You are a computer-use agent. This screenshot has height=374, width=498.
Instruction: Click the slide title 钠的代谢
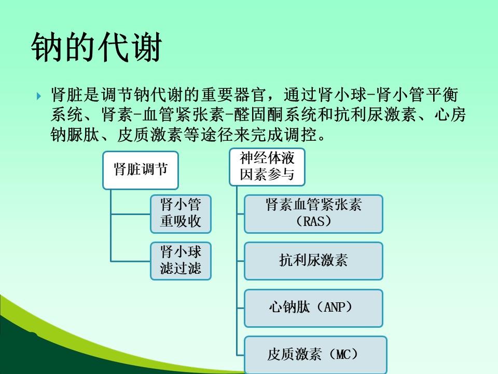(96, 47)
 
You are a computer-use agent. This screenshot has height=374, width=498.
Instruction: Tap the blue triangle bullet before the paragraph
(39, 96)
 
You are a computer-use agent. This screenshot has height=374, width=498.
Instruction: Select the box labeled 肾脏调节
(141, 170)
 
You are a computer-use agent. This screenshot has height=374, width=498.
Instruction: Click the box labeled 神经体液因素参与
(267, 167)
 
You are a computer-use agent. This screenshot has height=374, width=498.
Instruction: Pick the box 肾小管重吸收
(181, 213)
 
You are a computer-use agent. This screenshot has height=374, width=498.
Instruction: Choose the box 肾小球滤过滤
(181, 261)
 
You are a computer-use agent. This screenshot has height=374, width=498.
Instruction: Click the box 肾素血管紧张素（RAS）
(313, 213)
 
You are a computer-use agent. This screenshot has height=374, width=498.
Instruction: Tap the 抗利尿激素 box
(313, 261)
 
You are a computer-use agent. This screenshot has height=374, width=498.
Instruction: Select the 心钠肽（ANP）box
(313, 308)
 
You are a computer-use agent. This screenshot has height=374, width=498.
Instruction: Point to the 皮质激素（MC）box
(315, 355)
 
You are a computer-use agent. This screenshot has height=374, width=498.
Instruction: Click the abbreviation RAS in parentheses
(314, 221)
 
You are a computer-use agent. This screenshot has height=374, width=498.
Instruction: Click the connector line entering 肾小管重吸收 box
(131, 214)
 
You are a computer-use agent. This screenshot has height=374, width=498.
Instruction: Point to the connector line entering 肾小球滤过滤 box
(131, 261)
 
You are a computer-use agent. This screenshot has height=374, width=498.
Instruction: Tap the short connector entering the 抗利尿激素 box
(240, 261)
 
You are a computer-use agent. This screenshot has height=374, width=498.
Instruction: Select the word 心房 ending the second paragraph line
(450, 114)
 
